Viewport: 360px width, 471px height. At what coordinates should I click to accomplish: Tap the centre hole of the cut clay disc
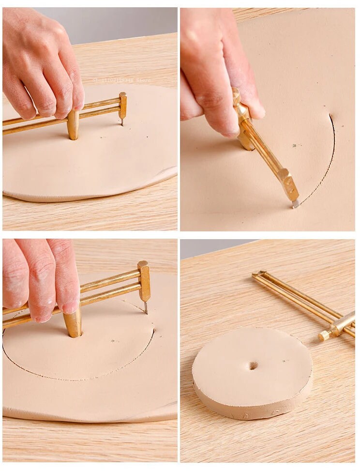(x=253, y=365)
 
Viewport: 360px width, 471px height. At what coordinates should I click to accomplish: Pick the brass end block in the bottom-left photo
(x=144, y=281)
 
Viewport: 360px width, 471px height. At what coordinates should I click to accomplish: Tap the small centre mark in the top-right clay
(x=294, y=145)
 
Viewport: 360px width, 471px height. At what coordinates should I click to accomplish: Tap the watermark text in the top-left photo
(x=121, y=80)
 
